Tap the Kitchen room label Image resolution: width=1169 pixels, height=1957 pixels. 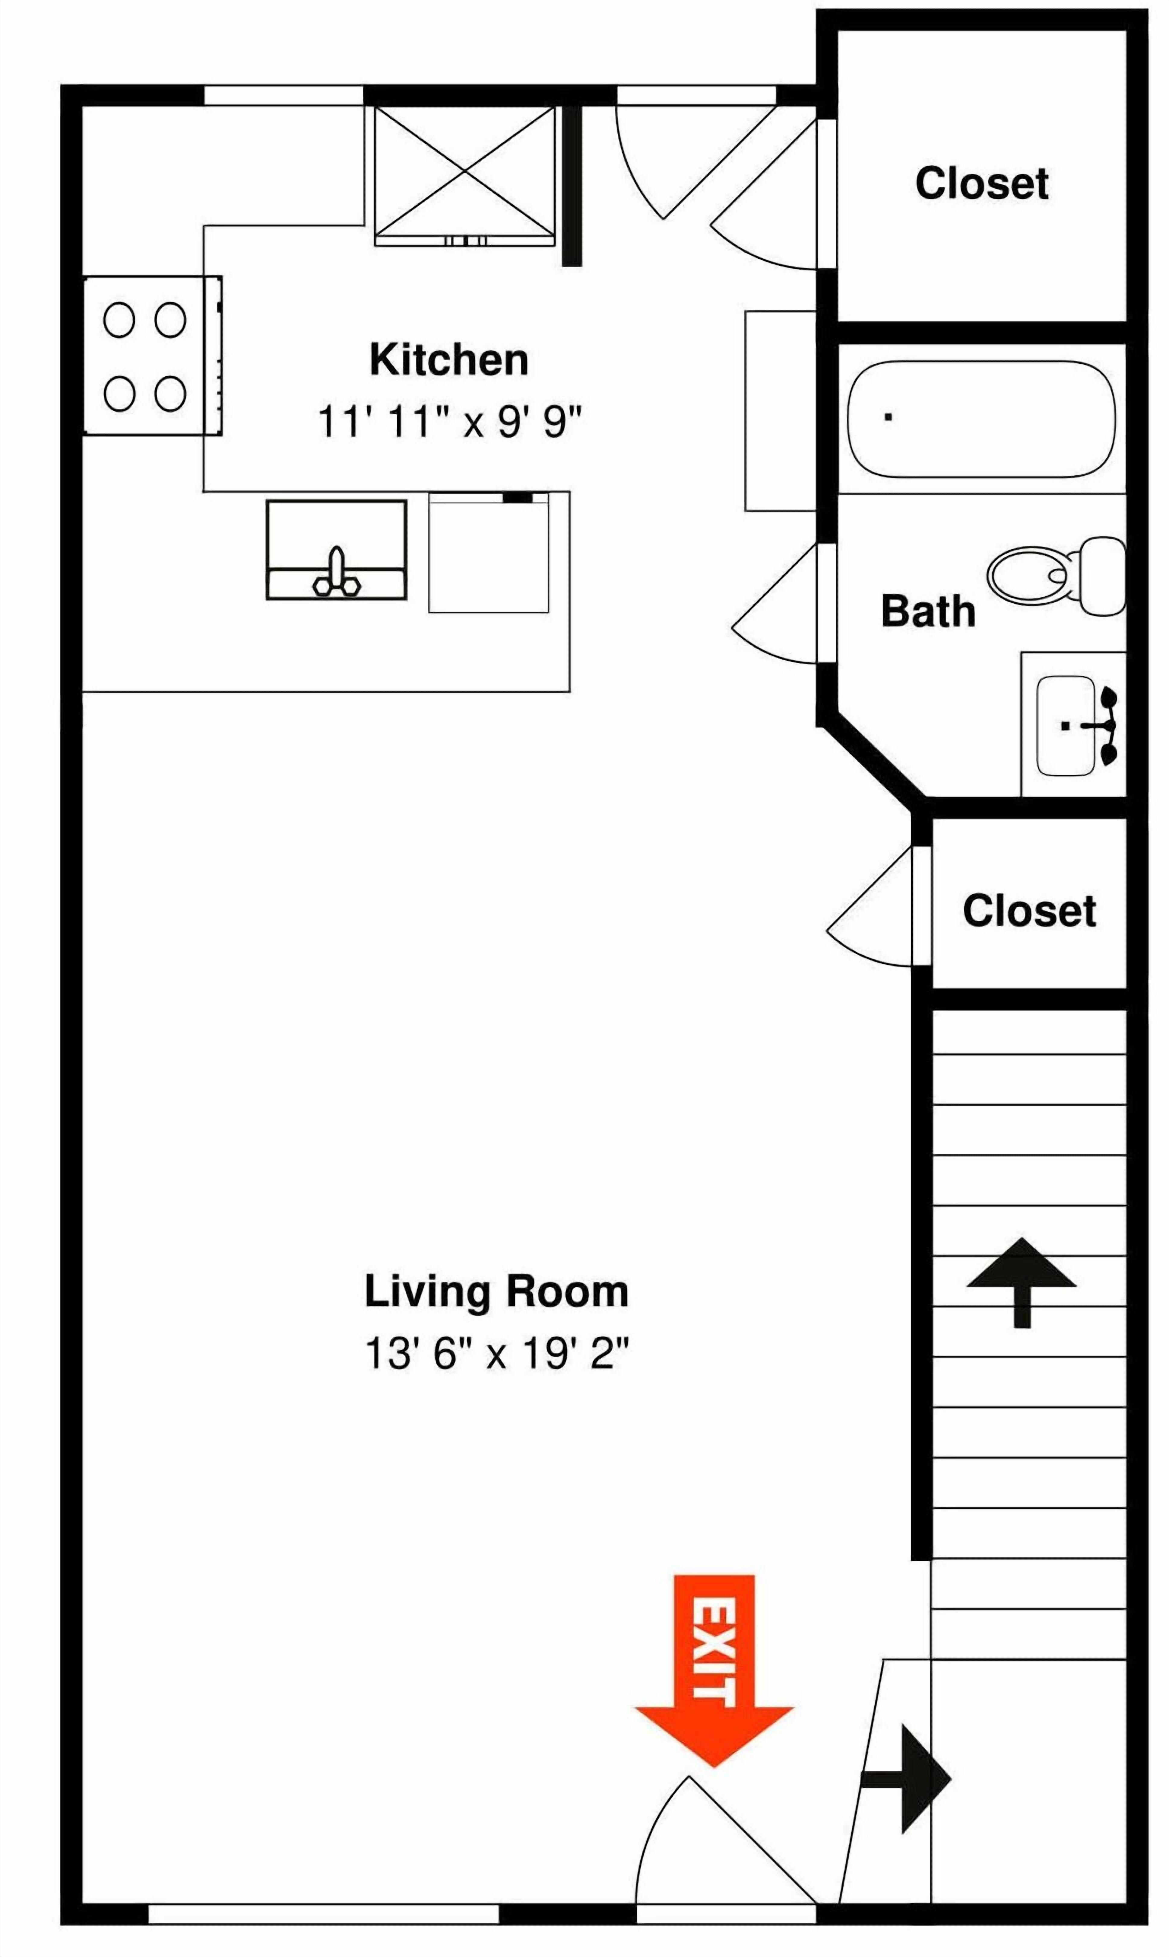pyautogui.click(x=449, y=360)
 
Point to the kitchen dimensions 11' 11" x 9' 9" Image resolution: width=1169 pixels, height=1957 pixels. pyautogui.click(x=449, y=422)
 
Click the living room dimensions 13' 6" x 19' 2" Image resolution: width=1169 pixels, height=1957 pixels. pyautogui.click(x=496, y=1354)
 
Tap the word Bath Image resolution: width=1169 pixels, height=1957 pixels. pyautogui.click(x=928, y=611)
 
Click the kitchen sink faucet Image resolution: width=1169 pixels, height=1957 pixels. pyautogui.click(x=337, y=573)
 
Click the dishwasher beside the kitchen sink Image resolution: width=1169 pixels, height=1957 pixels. pyautogui.click(x=488, y=553)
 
